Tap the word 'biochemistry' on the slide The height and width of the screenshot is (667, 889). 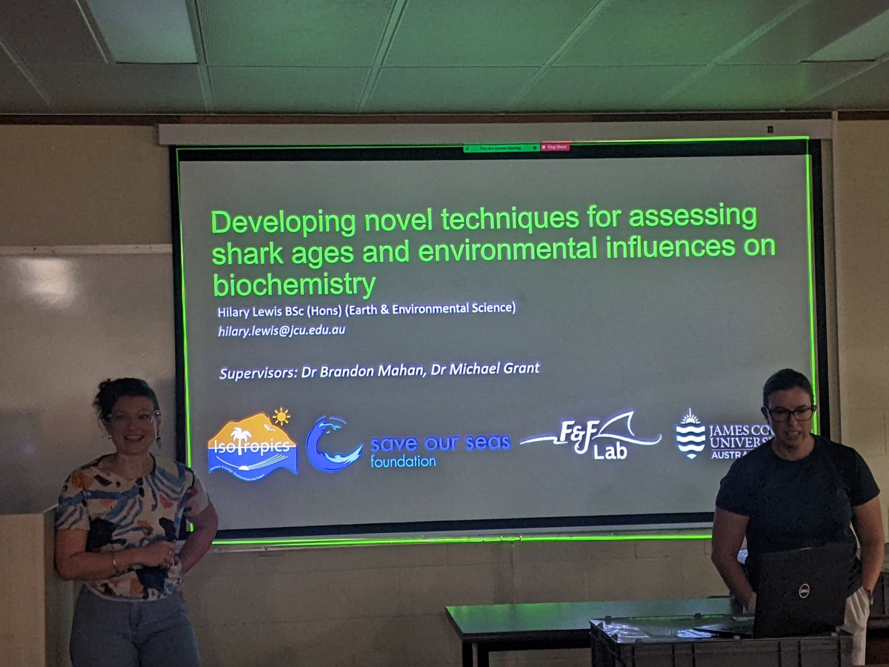(294, 285)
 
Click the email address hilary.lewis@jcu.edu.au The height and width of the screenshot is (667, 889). (282, 331)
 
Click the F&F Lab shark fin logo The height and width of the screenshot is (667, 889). (593, 437)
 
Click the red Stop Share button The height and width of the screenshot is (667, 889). (556, 147)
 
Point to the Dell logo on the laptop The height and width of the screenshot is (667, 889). (804, 590)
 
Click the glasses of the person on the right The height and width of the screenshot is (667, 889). (790, 413)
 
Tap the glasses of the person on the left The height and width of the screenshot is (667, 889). (133, 417)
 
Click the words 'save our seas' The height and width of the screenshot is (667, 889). (440, 443)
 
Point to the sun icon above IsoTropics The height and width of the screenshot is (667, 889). (281, 416)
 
